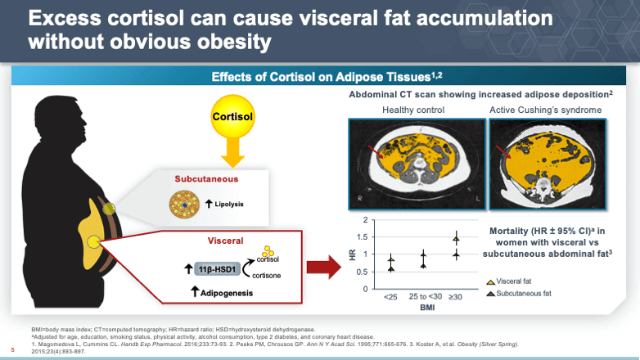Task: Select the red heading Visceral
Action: click(226, 241)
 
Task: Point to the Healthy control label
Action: click(413, 110)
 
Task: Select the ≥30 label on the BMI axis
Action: click(455, 296)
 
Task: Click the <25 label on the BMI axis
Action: click(390, 296)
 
